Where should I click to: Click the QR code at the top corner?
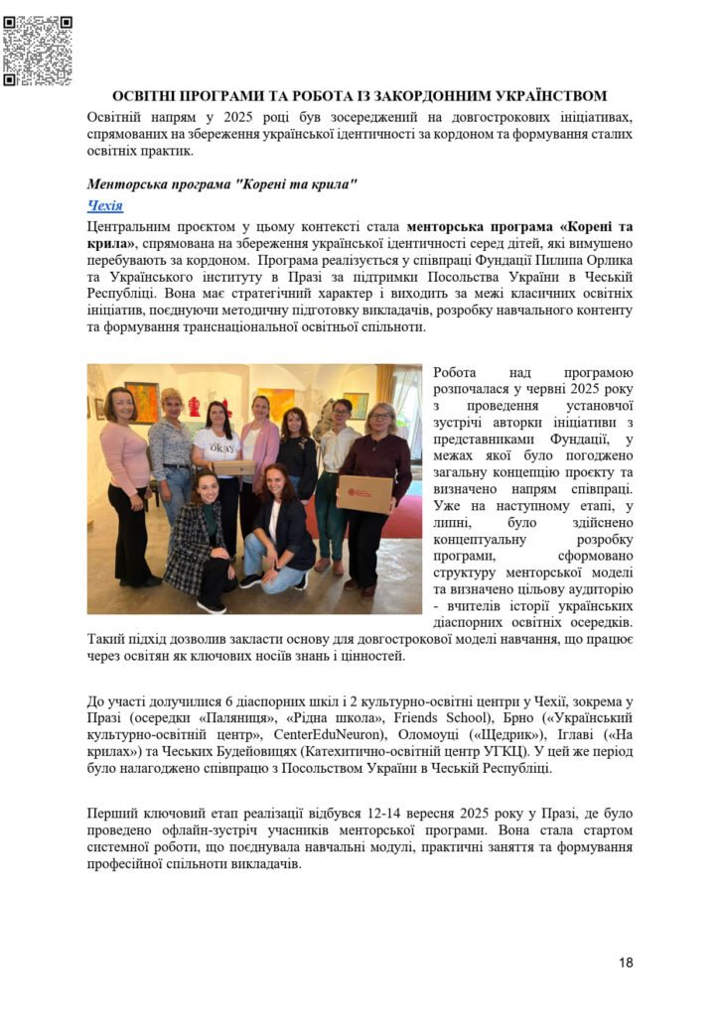point(38,51)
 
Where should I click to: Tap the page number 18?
point(625,961)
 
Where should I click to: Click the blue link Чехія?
point(105,205)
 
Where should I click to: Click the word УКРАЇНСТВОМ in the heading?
point(536,96)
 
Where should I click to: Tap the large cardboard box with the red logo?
point(364,492)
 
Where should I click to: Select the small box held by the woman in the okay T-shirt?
point(233,466)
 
